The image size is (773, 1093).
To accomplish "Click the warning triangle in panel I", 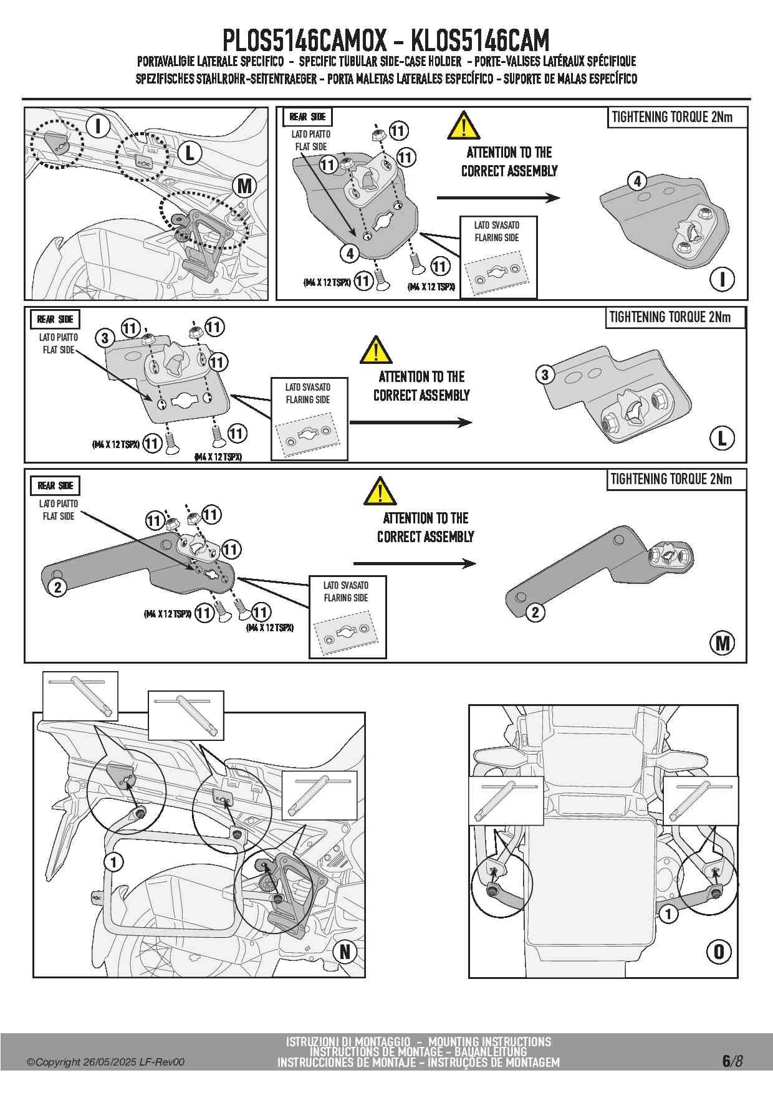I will [x=463, y=125].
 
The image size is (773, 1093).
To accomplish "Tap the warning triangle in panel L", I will [x=376, y=350].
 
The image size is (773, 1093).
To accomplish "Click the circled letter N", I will [x=345, y=952].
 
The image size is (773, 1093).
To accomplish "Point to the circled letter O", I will [x=718, y=952].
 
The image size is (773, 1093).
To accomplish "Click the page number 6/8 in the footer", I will [x=732, y=1061].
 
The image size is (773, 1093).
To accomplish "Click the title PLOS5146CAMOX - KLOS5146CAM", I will [x=386, y=41].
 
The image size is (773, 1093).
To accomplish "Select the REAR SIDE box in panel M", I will [x=55, y=485].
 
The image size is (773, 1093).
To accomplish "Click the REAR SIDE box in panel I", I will [x=307, y=117].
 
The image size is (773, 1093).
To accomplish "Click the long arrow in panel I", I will [x=498, y=198].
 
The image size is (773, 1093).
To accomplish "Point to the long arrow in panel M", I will [x=415, y=563].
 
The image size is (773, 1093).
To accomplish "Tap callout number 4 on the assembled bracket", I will [x=636, y=181].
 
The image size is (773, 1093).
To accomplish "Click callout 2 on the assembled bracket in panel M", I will [x=535, y=612].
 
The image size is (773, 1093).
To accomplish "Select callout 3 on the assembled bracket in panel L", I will [x=545, y=375].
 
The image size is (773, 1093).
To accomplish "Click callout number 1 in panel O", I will [x=668, y=914].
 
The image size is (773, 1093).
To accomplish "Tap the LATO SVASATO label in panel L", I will [x=308, y=387].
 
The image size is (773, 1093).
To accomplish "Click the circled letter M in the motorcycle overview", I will [x=245, y=186].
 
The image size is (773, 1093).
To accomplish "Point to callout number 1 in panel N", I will [x=113, y=862].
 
